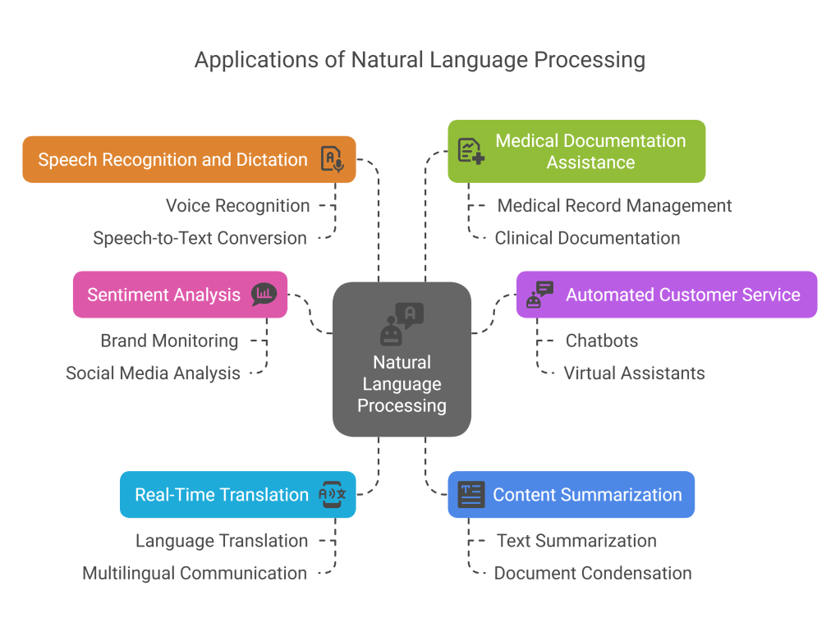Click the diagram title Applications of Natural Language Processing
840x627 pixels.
tap(420, 60)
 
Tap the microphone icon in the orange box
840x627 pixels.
tap(332, 159)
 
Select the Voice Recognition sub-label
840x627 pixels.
tap(237, 206)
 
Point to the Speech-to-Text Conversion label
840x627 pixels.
tap(200, 239)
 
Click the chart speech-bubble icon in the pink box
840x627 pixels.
tap(264, 295)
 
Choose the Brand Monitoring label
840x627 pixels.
tap(169, 341)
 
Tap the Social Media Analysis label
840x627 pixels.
tap(153, 373)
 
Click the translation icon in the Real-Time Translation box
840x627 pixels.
tap(332, 495)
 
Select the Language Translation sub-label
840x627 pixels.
tap(222, 541)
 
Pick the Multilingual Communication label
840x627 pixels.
tap(195, 574)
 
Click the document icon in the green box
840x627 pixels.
tap(470, 151)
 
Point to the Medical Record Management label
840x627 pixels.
tap(614, 206)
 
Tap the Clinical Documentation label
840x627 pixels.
tap(587, 239)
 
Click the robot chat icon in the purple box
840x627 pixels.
tap(539, 295)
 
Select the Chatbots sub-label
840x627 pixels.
tap(601, 341)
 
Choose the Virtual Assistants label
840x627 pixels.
tap(634, 373)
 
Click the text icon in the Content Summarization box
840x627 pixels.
tap(471, 495)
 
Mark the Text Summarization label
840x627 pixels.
tap(576, 541)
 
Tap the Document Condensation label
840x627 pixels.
tap(592, 574)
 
